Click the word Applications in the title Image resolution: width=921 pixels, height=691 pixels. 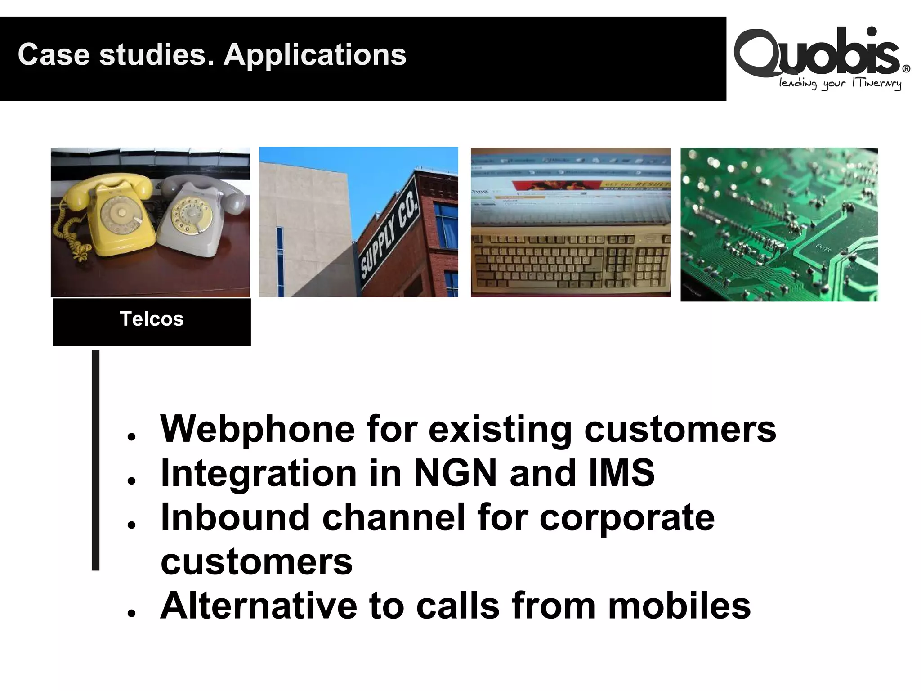coord(315,55)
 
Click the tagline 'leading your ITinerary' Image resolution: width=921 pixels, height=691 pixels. coord(840,84)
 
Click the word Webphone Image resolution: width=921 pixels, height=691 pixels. coord(257,429)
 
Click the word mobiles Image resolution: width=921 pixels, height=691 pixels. coord(679,606)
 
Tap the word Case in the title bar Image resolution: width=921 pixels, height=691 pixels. coord(54,55)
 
